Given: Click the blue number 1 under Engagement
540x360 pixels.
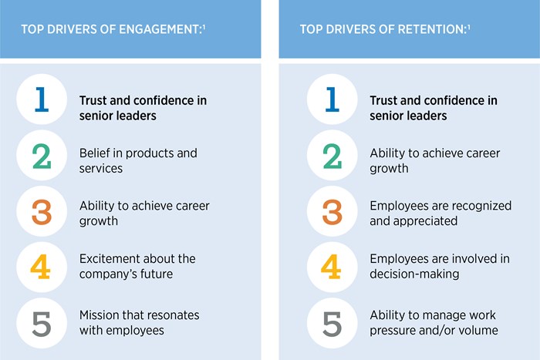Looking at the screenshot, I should tap(42, 100).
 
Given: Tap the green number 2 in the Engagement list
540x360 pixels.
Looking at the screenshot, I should tap(42, 156).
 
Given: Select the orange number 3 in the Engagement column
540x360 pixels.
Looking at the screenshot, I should tap(42, 211).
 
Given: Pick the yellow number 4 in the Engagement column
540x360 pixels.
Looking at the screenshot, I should tap(42, 267).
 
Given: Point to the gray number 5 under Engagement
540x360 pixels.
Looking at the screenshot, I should tap(42, 322).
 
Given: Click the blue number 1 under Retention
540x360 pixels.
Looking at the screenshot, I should tap(332, 100).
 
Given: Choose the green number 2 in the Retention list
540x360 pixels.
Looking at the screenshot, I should tap(332, 156).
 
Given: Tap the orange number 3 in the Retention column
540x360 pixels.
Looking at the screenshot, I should tap(332, 211).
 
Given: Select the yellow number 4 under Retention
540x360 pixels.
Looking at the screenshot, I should tap(332, 267).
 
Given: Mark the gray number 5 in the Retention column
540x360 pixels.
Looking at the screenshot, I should tap(332, 322).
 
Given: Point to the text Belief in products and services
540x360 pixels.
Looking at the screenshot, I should tap(138, 160).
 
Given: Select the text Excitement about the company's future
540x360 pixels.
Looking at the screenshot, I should tap(137, 265).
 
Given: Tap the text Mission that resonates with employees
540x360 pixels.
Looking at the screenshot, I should tap(139, 322).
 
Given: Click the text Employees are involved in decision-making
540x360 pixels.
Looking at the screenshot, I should tap(439, 265).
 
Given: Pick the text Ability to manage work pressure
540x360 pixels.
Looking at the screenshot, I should tap(434, 322).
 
